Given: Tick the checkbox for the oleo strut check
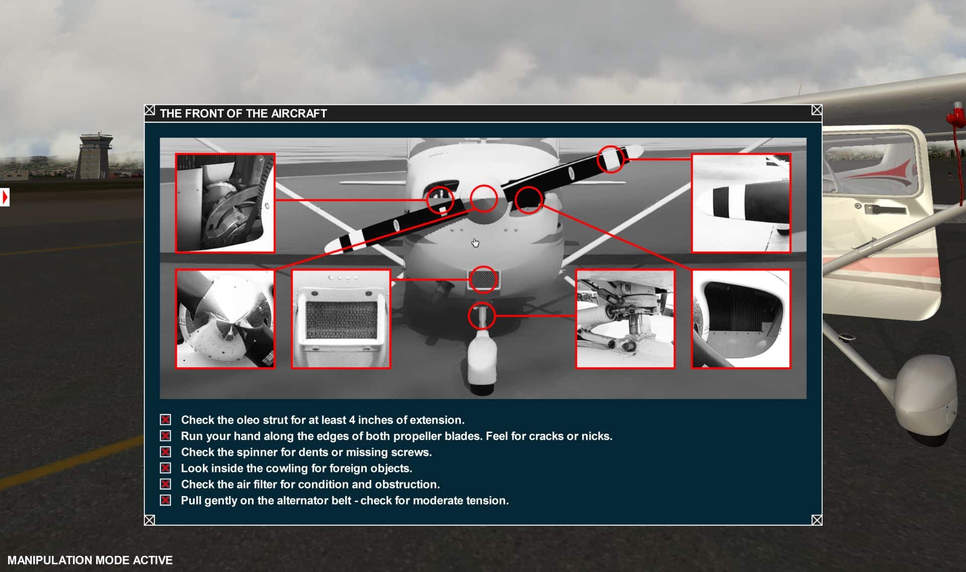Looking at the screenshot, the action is [x=166, y=420].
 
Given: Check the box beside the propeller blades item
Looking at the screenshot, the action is [x=166, y=436].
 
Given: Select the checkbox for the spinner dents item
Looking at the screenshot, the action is [x=166, y=452].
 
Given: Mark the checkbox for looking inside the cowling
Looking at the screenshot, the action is [x=166, y=468].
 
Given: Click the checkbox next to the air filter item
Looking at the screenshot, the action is [x=166, y=484].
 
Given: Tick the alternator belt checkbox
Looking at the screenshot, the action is [x=166, y=500].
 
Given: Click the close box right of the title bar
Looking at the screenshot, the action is [x=817, y=110].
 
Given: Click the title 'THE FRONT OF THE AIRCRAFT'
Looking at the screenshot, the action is [x=244, y=114].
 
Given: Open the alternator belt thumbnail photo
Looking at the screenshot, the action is [x=225, y=203].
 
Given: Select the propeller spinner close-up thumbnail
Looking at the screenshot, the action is [x=225, y=319].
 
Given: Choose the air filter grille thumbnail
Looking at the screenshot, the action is [x=341, y=319].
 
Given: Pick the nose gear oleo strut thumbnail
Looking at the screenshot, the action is [x=625, y=319].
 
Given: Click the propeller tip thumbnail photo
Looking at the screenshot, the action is [x=741, y=203].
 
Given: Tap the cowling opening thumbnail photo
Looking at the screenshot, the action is [x=741, y=319].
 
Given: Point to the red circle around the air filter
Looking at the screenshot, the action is [x=484, y=267].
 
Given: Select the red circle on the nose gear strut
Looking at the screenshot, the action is [x=482, y=302].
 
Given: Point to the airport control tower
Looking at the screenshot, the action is [x=94, y=156].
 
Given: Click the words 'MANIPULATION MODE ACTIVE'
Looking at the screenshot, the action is [x=90, y=560].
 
